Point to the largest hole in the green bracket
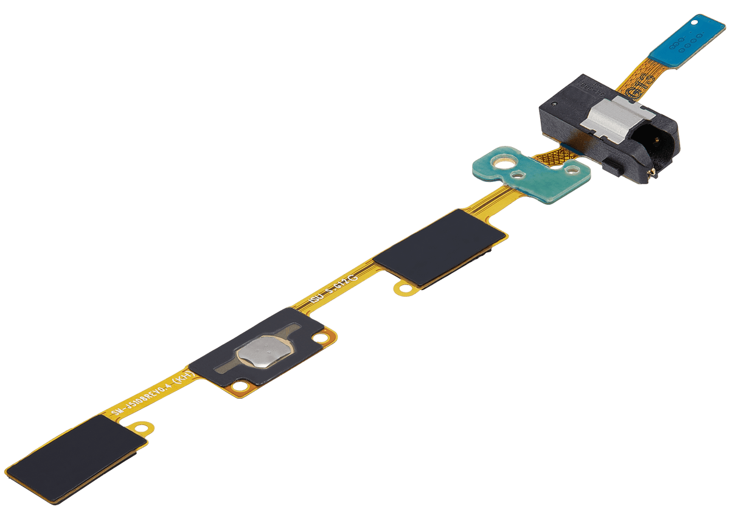click(501, 163)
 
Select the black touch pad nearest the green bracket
click(440, 247)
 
